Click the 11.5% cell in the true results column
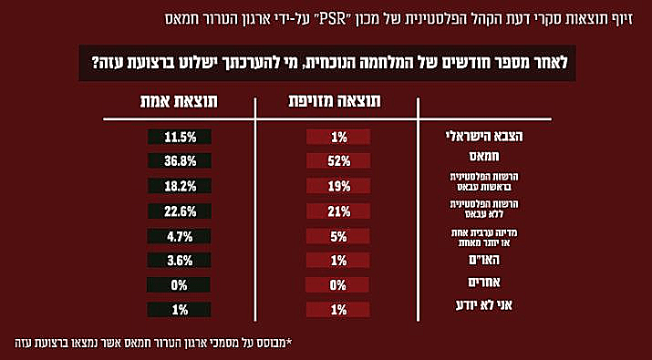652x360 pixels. point(181,138)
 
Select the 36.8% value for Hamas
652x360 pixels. point(181,162)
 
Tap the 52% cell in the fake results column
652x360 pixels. point(338,162)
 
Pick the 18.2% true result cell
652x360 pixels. point(181,187)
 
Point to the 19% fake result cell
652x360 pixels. point(338,187)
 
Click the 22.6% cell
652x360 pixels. point(181,211)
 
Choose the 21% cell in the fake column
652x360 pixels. point(338,211)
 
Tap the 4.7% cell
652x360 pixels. point(181,236)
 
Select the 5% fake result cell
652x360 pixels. point(338,236)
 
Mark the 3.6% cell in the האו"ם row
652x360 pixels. point(181,261)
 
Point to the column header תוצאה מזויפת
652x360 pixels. point(339,102)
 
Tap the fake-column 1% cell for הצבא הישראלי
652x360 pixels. point(338,138)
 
